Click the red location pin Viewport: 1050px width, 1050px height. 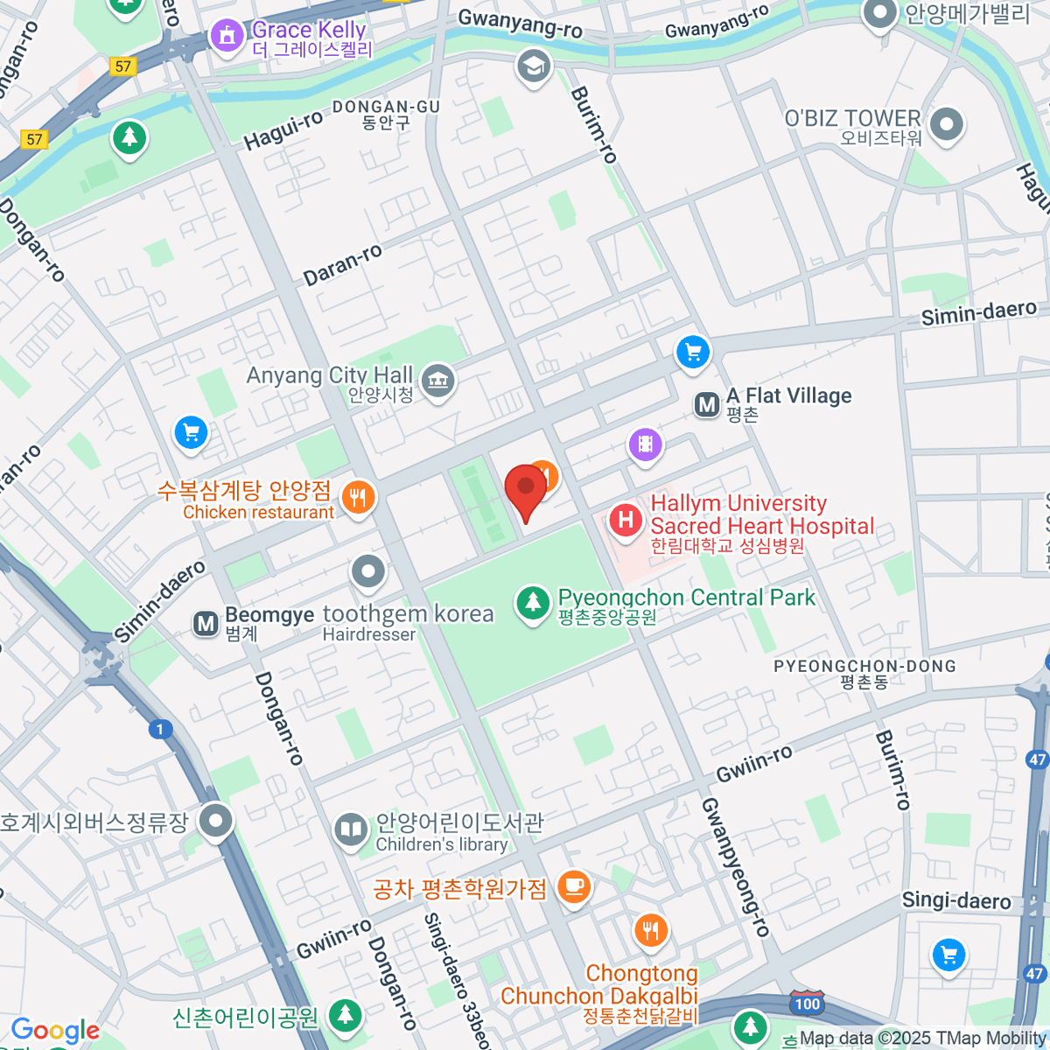click(x=526, y=488)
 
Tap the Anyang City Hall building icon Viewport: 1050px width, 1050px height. click(x=437, y=381)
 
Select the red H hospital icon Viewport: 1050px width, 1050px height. click(x=626, y=520)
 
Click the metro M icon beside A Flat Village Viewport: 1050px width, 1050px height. click(x=707, y=405)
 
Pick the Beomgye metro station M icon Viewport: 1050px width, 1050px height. click(x=206, y=624)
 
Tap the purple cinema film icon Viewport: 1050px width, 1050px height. click(x=646, y=444)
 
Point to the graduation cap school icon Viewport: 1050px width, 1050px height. click(x=534, y=66)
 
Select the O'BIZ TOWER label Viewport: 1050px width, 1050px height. click(x=853, y=118)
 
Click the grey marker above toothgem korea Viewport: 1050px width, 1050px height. click(x=368, y=572)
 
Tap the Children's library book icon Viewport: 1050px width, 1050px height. click(x=351, y=829)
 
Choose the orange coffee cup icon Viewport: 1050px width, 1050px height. click(x=574, y=886)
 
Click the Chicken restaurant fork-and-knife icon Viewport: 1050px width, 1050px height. click(x=358, y=498)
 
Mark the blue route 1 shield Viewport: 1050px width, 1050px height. click(x=160, y=729)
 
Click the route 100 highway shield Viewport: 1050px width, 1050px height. click(x=806, y=1003)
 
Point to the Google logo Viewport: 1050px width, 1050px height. click(x=55, y=1031)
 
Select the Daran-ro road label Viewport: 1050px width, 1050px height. click(x=343, y=265)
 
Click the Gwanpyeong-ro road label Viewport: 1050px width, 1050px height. click(x=735, y=867)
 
